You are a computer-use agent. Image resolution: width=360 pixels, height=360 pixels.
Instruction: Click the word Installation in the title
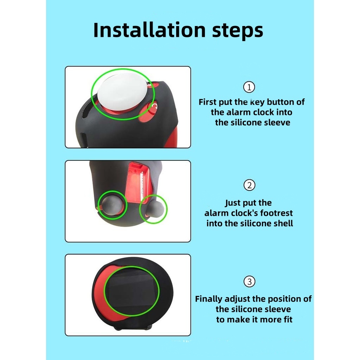coord(149,30)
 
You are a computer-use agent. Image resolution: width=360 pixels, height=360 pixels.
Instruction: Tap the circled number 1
coord(249,87)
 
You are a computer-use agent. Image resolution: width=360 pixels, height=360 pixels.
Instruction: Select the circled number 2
coord(249,185)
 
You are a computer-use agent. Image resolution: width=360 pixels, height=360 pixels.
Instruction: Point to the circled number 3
coord(249,282)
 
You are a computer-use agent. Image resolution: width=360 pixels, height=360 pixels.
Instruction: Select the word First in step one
coord(207,102)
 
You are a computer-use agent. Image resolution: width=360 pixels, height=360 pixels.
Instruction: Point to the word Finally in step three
coord(209,299)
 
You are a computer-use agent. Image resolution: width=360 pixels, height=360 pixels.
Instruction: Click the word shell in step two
coord(283,223)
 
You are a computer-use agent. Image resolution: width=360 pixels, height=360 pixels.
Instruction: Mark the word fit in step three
coord(288,319)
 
